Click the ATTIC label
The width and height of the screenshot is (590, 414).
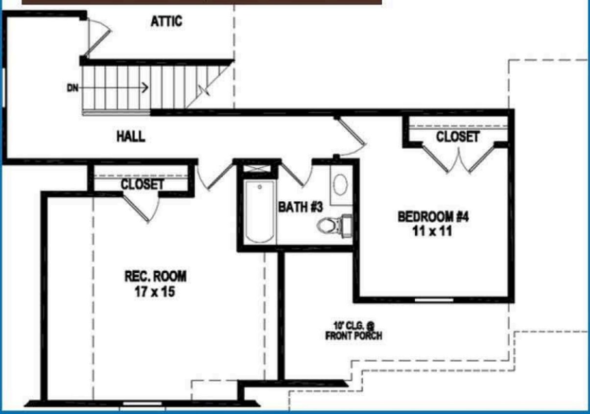point(166,21)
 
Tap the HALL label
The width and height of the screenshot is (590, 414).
point(131,136)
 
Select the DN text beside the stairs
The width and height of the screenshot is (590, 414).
point(72,88)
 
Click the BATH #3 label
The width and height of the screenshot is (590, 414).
point(301,207)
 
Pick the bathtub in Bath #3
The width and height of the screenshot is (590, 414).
point(260,212)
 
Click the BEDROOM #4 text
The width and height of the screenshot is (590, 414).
point(433,216)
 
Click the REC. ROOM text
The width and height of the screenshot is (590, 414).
point(155,277)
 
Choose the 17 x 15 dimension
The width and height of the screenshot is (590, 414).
point(155,292)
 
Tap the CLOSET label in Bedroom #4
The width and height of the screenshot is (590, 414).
point(458,137)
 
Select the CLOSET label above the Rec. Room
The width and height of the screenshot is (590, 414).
point(142,184)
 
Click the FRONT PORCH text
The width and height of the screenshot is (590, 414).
point(354,336)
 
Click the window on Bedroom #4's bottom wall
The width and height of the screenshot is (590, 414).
point(434,299)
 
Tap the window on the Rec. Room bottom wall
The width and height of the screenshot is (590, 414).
point(136,404)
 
